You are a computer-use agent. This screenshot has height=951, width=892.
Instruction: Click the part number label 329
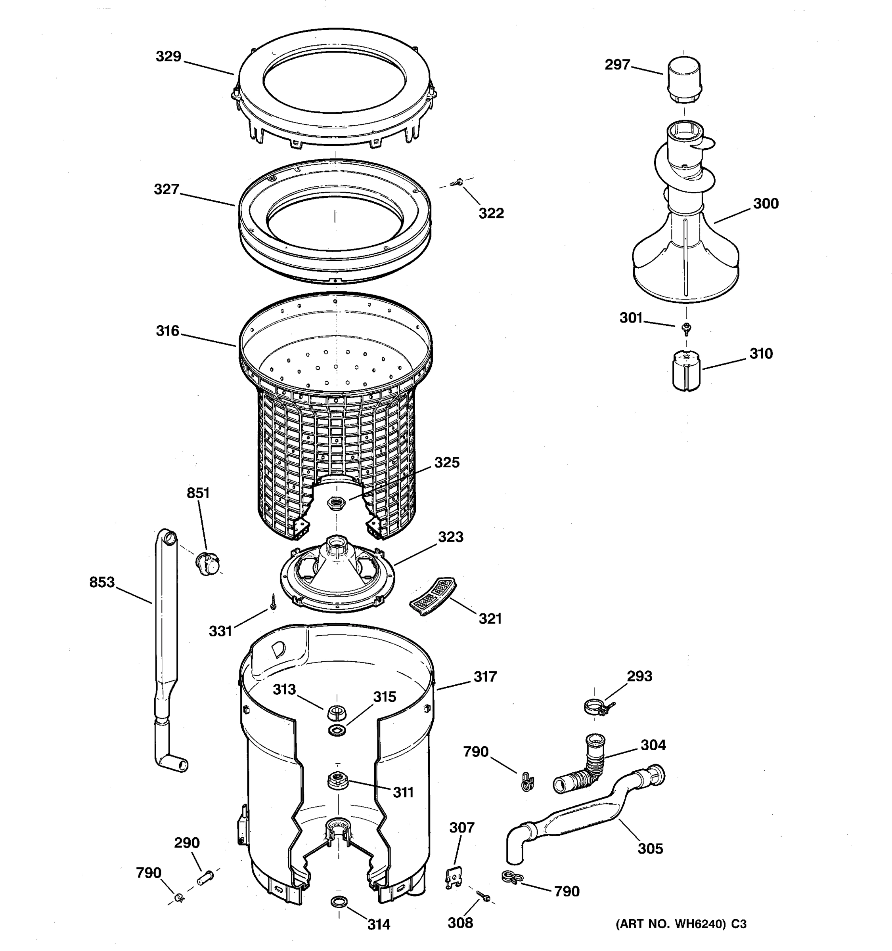point(168,56)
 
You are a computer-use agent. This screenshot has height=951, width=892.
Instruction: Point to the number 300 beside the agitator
point(766,204)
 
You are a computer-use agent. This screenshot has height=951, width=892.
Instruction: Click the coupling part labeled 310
point(686,371)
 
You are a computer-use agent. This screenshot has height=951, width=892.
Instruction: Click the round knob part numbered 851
point(208,563)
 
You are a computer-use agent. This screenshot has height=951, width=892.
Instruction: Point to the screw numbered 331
point(273,602)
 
